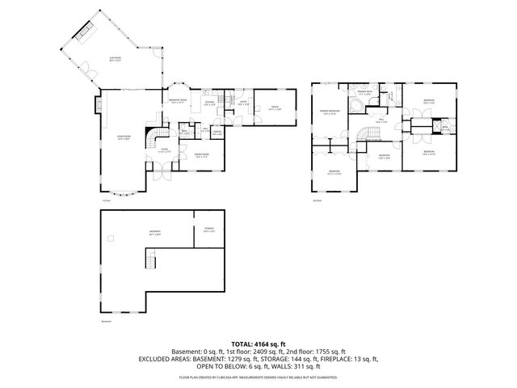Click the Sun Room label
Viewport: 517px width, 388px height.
tap(116, 59)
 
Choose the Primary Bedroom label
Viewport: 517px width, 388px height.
tap(329, 112)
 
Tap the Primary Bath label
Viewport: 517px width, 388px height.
tap(364, 93)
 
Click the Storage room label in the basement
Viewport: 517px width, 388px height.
tap(208, 230)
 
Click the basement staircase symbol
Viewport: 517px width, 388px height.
tap(149, 259)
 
